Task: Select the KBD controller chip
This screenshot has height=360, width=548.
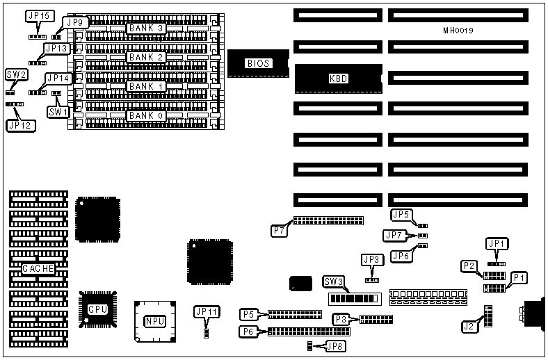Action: (x=339, y=79)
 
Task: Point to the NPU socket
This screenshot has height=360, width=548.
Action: (x=154, y=321)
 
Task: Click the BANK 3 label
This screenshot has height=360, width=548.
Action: (x=146, y=28)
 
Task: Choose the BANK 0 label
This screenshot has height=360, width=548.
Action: (x=146, y=115)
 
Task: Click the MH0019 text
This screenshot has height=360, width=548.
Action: (x=460, y=31)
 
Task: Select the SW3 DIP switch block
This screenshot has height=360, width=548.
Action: (x=354, y=299)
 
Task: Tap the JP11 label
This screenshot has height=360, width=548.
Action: (x=207, y=311)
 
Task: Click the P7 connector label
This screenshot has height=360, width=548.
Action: (x=280, y=229)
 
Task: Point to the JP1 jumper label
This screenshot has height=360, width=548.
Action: (x=497, y=243)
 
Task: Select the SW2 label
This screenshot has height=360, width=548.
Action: (x=16, y=74)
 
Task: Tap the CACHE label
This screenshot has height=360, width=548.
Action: (x=38, y=268)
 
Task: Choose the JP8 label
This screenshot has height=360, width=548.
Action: (x=337, y=345)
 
